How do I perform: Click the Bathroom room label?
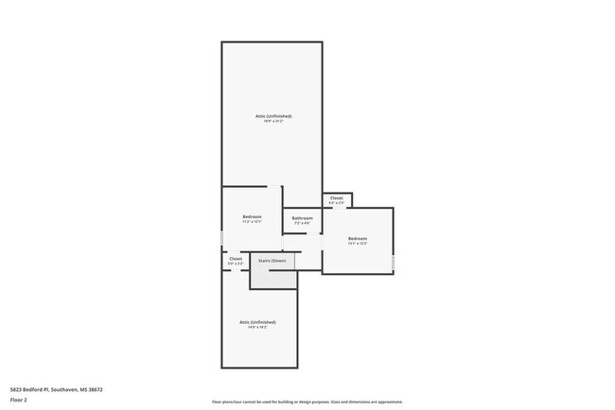(x=302, y=218)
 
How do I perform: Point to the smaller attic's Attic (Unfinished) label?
(x=257, y=322)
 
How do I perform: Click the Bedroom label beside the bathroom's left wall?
(x=252, y=216)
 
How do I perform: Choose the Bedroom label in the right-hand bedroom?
(x=357, y=238)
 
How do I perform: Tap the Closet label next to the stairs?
(x=236, y=258)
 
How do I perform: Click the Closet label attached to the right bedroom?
(x=336, y=198)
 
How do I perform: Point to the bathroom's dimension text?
(x=302, y=223)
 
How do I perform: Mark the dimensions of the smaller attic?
(x=257, y=328)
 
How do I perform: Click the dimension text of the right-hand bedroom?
(x=357, y=244)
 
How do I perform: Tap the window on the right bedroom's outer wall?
(x=393, y=262)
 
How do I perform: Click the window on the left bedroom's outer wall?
(x=222, y=238)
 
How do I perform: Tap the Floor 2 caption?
(x=19, y=400)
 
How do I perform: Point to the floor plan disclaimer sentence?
(x=307, y=401)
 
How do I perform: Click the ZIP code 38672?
(x=93, y=388)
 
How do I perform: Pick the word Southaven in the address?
(x=64, y=388)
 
